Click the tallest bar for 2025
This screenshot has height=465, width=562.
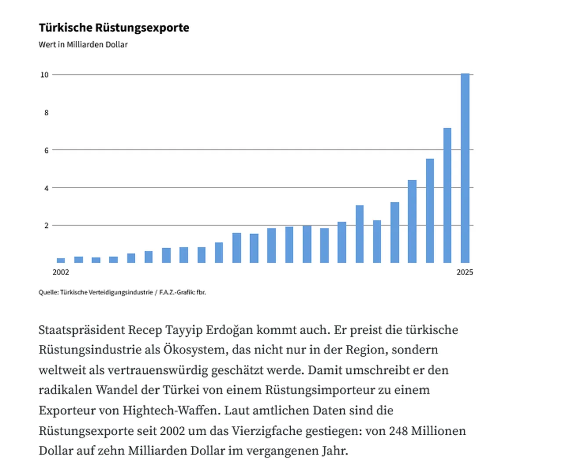point(465,168)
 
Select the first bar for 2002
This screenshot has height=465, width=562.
point(61,260)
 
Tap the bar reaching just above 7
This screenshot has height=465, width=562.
point(447,195)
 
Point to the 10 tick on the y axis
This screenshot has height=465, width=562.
point(44,75)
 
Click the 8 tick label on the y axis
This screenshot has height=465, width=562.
point(47,113)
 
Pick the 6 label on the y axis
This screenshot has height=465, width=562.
point(47,150)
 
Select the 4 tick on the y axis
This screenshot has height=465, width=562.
point(47,188)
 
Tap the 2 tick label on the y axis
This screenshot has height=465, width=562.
point(47,225)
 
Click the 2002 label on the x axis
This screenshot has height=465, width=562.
point(61,272)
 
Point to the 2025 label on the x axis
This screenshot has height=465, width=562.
point(465,272)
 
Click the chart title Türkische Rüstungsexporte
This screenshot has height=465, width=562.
point(114,28)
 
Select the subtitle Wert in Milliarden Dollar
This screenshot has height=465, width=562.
point(83,44)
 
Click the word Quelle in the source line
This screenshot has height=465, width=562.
point(48,292)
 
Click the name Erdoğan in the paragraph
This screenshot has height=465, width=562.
point(229,330)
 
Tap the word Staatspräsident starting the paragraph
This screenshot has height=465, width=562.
point(82,330)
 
